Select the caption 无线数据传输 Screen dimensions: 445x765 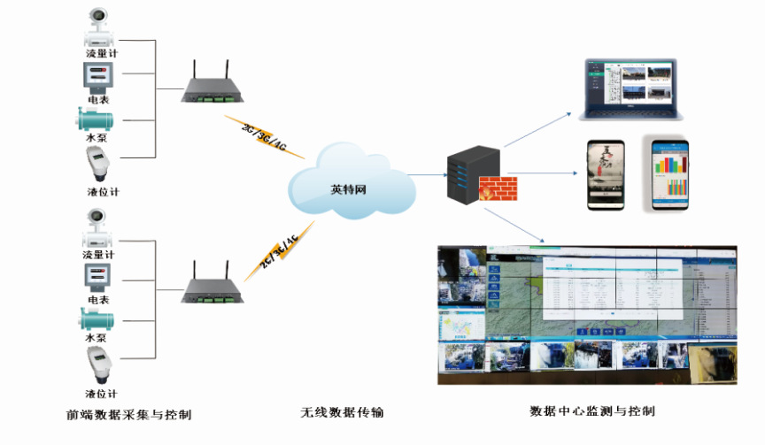pos(342,413)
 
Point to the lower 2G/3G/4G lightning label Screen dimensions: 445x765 pos(277,251)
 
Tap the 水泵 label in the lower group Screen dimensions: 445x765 pos(96,338)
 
